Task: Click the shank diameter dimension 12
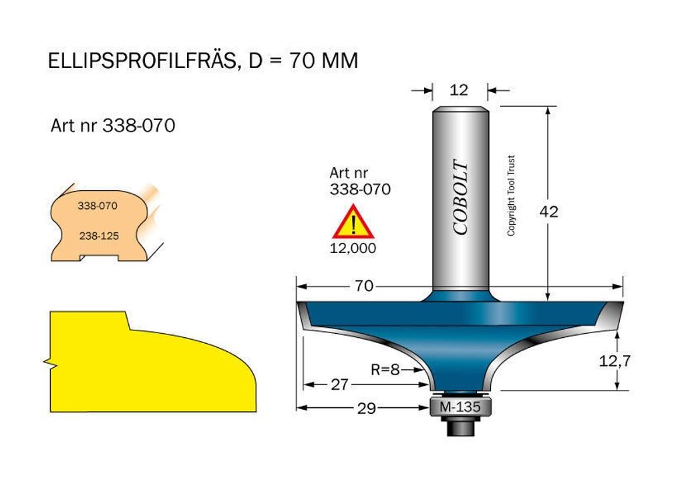(459, 89)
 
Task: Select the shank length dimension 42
(549, 212)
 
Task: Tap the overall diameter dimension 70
(364, 286)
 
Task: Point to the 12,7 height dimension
(615, 361)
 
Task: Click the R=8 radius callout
(385, 370)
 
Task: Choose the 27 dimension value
(339, 385)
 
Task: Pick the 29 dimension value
(367, 408)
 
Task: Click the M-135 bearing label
(460, 407)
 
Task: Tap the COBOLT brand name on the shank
(460, 197)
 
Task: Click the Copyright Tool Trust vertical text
(511, 196)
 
